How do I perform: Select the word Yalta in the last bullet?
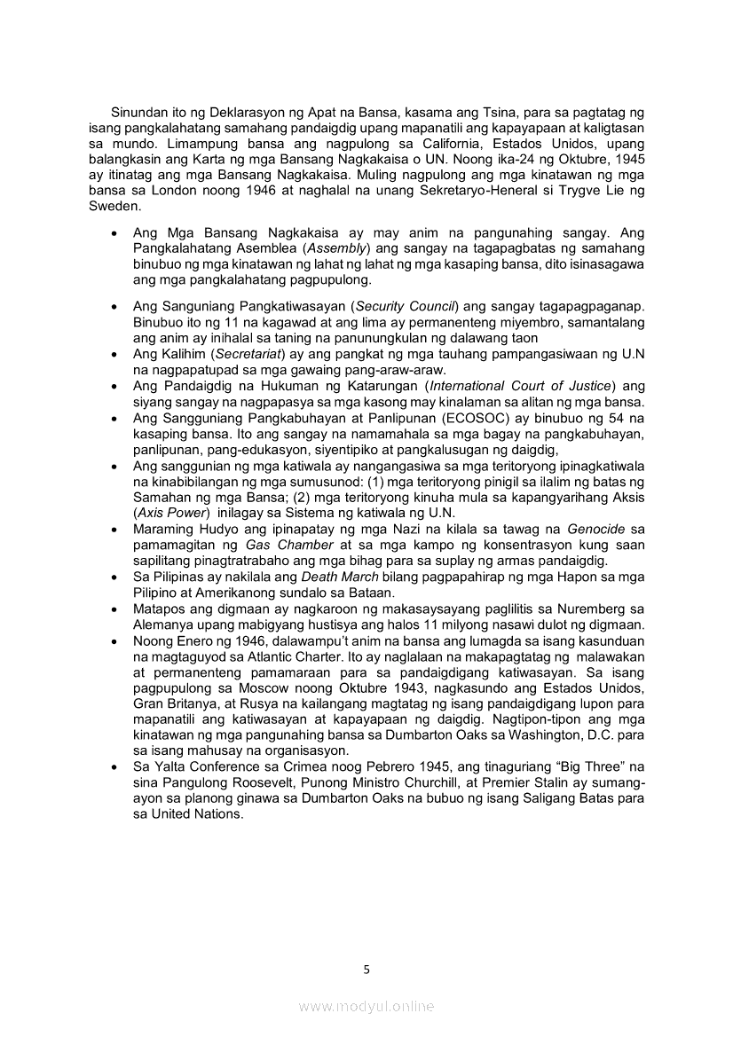pos(168,766)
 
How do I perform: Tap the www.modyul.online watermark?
pos(366,1007)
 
